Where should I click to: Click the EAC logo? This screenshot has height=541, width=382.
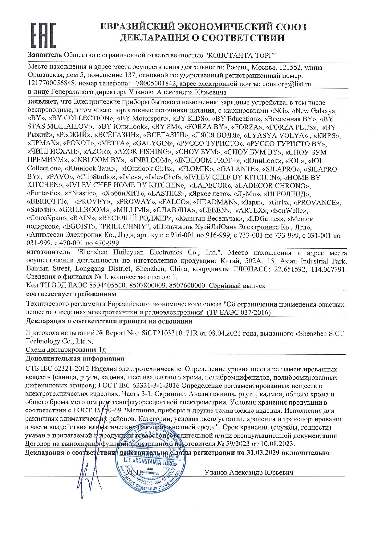pyautogui.click(x=43, y=35)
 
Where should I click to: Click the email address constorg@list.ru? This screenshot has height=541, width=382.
pyautogui.click(x=286, y=84)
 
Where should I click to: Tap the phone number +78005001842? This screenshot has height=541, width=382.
pyautogui.click(x=154, y=84)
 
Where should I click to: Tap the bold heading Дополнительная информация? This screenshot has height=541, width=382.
pyautogui.click(x=75, y=358)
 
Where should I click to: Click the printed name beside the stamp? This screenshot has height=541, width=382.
pyautogui.click(x=249, y=473)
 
